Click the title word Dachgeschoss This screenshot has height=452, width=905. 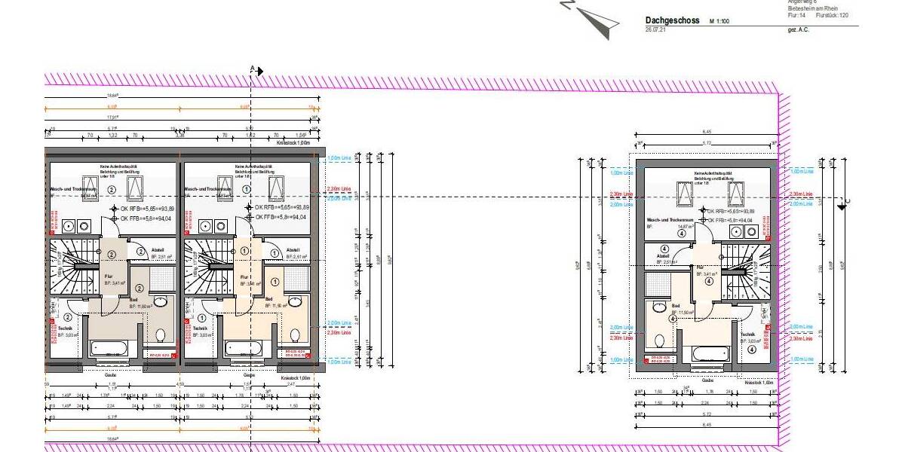(673, 20)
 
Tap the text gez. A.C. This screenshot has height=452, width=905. (798, 29)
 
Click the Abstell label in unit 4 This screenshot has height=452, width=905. (663, 256)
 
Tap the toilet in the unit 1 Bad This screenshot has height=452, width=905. (295, 334)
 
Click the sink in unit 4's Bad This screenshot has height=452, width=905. (658, 307)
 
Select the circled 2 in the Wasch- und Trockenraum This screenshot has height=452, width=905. (111, 190)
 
